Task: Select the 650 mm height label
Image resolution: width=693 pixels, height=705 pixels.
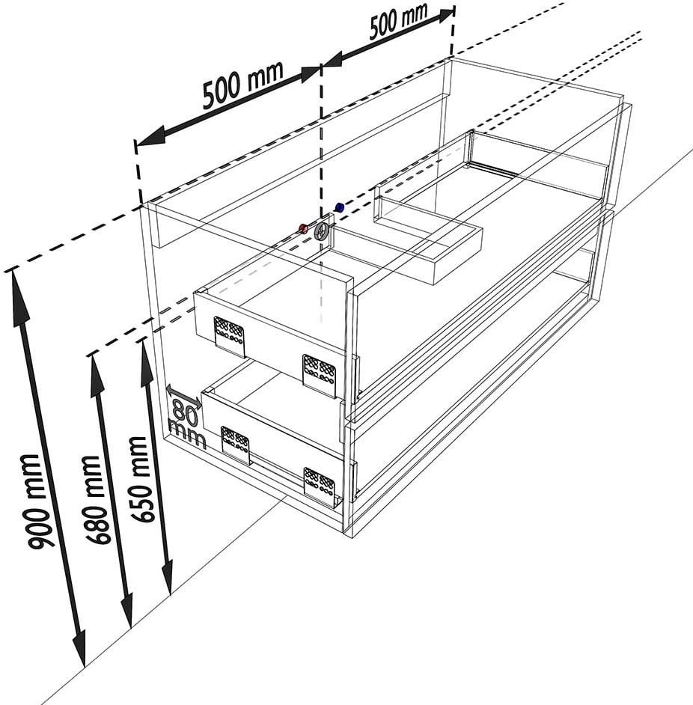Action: click(140, 479)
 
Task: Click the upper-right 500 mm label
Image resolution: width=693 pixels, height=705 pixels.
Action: click(398, 20)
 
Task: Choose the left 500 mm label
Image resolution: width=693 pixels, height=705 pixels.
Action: click(242, 85)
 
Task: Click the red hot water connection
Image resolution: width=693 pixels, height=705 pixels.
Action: click(304, 228)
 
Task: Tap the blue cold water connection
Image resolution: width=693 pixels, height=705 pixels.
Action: click(340, 207)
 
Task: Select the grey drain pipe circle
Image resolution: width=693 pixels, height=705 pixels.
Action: click(322, 231)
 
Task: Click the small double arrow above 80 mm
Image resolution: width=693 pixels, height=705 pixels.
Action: click(184, 397)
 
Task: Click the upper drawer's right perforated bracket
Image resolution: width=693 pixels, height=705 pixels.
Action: click(320, 376)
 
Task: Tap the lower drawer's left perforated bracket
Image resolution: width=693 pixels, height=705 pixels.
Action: click(236, 445)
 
